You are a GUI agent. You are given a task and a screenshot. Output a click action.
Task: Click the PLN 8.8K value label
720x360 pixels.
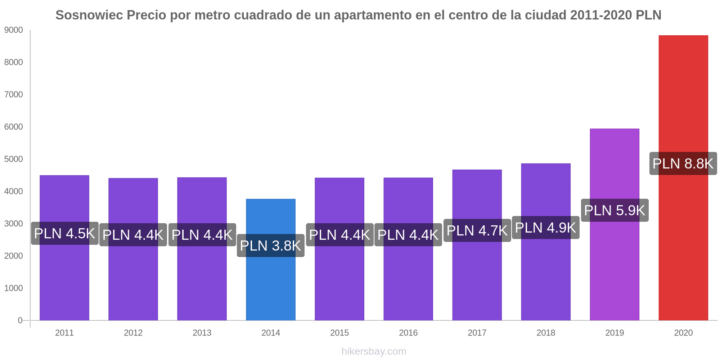683,163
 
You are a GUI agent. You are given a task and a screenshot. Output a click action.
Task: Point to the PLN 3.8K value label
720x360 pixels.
270,246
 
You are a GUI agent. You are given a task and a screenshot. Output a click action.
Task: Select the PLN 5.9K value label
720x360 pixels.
615,210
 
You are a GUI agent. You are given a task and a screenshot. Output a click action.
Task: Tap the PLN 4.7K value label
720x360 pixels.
477,230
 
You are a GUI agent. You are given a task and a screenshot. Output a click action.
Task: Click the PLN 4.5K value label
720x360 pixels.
64,233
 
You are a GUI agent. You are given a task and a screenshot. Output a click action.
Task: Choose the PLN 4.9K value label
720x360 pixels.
545,228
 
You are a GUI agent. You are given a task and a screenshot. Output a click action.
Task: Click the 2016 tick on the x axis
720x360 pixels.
408,333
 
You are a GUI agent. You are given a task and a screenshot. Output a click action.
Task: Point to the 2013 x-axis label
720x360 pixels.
202,333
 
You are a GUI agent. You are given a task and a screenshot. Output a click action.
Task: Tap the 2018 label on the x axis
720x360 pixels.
546,333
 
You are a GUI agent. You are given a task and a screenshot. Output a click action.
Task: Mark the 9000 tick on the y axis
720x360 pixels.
13,30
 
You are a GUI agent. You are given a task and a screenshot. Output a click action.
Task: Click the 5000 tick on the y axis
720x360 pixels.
13,159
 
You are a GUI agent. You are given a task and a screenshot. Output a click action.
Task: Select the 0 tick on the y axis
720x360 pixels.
20,320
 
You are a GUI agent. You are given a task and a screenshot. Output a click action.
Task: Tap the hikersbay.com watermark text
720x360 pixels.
374,351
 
